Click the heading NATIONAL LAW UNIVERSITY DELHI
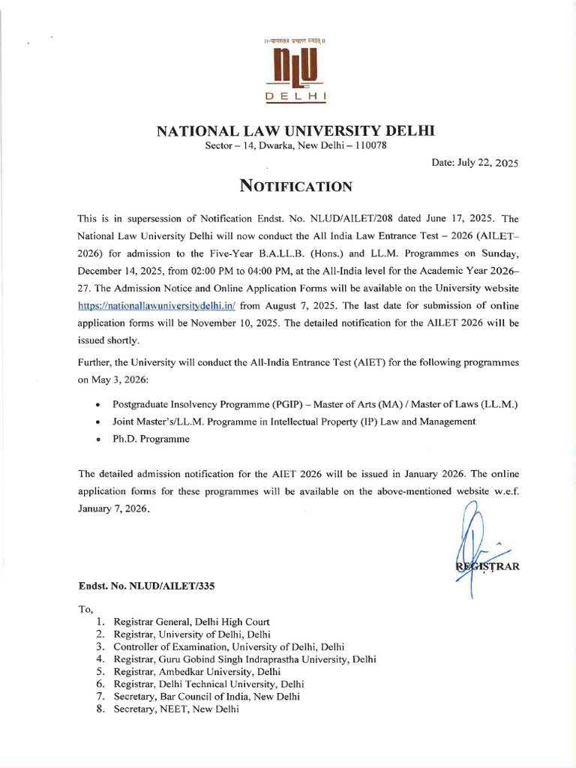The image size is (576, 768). (295, 132)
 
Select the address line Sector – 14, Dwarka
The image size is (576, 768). (295, 145)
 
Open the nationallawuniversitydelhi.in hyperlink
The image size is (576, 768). (157, 306)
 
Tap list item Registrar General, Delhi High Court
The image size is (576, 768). (191, 622)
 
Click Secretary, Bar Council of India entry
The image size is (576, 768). (206, 696)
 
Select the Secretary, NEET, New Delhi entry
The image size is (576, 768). (176, 709)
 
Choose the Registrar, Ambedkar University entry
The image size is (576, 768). (197, 671)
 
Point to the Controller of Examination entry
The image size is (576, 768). (229, 646)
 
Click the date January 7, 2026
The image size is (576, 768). (114, 509)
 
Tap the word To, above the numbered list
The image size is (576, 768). (85, 609)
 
